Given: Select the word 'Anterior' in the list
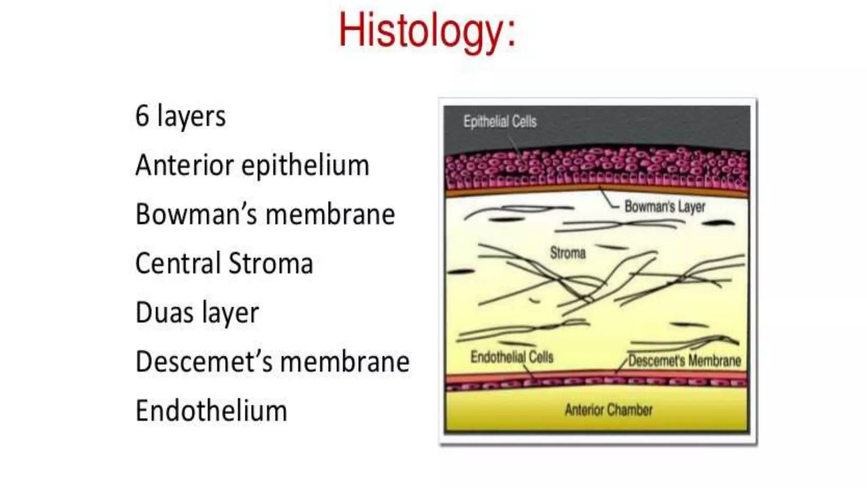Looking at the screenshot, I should coord(184,165).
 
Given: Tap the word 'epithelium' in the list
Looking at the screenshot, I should coord(305,166).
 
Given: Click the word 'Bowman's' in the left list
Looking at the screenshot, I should coord(196,214).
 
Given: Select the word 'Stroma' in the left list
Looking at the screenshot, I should coord(271,263).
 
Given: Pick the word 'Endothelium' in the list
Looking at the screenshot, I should coord(211,411).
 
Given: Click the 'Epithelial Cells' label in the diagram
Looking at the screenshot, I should coord(500,122).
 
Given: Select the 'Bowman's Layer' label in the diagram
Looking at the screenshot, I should coord(665,207).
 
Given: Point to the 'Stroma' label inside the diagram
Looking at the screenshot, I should coord(568,253).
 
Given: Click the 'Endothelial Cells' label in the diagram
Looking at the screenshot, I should coord(512,357).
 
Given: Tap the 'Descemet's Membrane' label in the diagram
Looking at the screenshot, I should coord(685,361).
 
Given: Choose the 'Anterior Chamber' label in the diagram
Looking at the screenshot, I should coord(608,410).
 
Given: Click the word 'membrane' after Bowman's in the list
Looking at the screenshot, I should coord(330,214).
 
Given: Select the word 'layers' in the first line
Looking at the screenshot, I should coord(191,116).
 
